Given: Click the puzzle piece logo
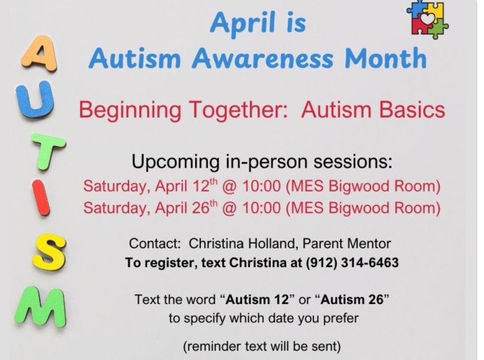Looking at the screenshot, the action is tap(428, 19).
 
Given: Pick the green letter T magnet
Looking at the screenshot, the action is tap(49, 151).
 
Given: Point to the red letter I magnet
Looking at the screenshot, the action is tap(41, 198).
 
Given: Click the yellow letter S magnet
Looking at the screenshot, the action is tap(49, 252).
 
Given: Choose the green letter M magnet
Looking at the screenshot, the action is tap(41, 307).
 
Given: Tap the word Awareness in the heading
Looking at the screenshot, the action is tap(263, 59).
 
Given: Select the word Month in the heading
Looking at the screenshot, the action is tap(386, 58).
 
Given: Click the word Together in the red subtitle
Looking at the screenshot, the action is tap(238, 110).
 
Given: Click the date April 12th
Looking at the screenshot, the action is tap(187, 186).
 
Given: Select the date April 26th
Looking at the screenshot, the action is tap(187, 207).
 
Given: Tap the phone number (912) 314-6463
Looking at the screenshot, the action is tap(352, 262).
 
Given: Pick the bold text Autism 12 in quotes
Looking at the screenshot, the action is tap(257, 299).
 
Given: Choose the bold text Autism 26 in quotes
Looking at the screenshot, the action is tap(352, 299).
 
